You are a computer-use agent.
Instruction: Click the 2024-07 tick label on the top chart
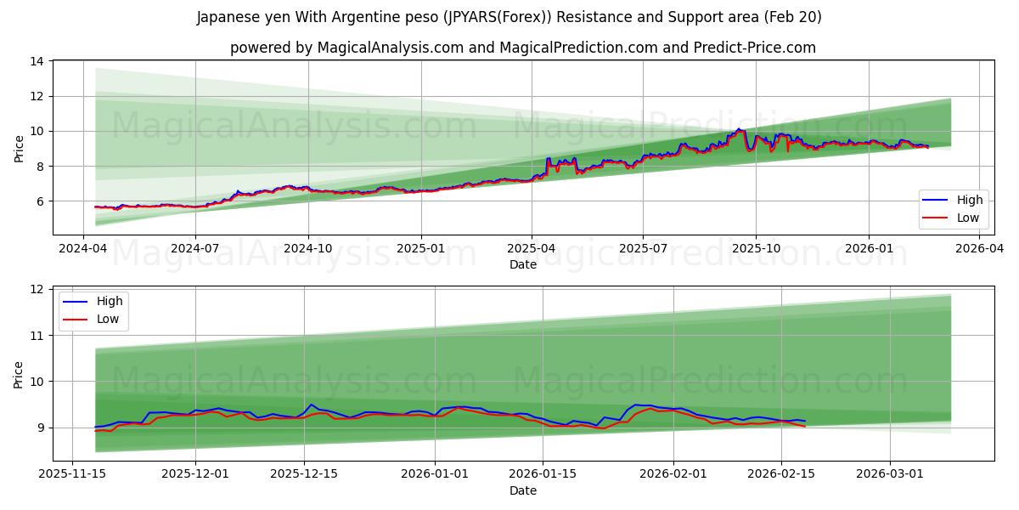(195, 248)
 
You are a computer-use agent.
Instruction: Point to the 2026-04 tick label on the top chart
(980, 248)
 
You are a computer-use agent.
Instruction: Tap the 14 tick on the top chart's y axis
(37, 61)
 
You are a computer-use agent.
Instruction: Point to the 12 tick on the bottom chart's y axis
(37, 290)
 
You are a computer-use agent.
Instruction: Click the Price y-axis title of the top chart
(19, 148)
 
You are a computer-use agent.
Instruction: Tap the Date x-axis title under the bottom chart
(523, 490)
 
